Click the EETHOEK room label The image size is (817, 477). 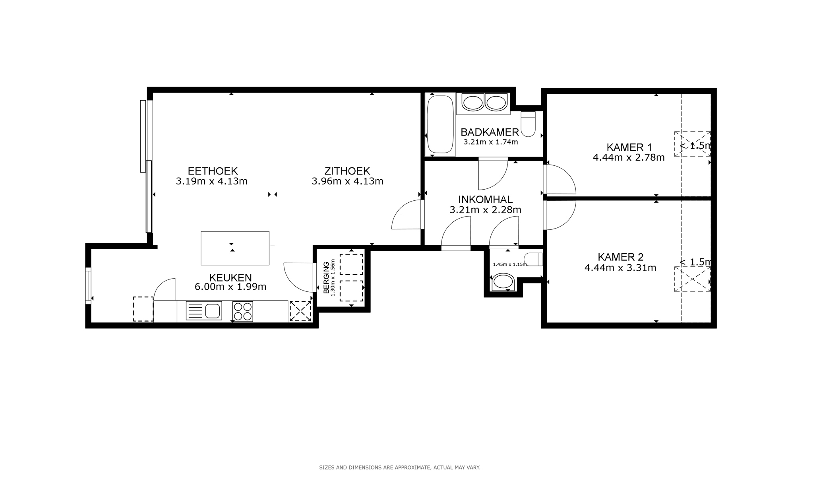pos(213,171)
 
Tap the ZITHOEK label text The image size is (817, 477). pos(347,171)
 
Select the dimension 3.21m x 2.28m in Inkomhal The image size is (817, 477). pos(485,210)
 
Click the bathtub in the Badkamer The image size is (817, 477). pos(439,124)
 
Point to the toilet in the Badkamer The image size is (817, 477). pos(528,124)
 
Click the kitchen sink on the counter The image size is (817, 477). pos(204,311)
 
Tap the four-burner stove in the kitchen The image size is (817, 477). pos(242,312)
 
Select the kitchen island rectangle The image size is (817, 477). pos(235,248)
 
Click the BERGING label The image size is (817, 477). pos(327,277)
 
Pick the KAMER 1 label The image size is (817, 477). pos(629,147)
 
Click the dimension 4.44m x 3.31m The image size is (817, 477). pos(620,268)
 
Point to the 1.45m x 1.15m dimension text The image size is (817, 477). pos(509,264)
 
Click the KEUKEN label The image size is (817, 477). pos(230,277)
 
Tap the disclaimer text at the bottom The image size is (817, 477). pos(400,467)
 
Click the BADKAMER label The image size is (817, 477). pos(490,132)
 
